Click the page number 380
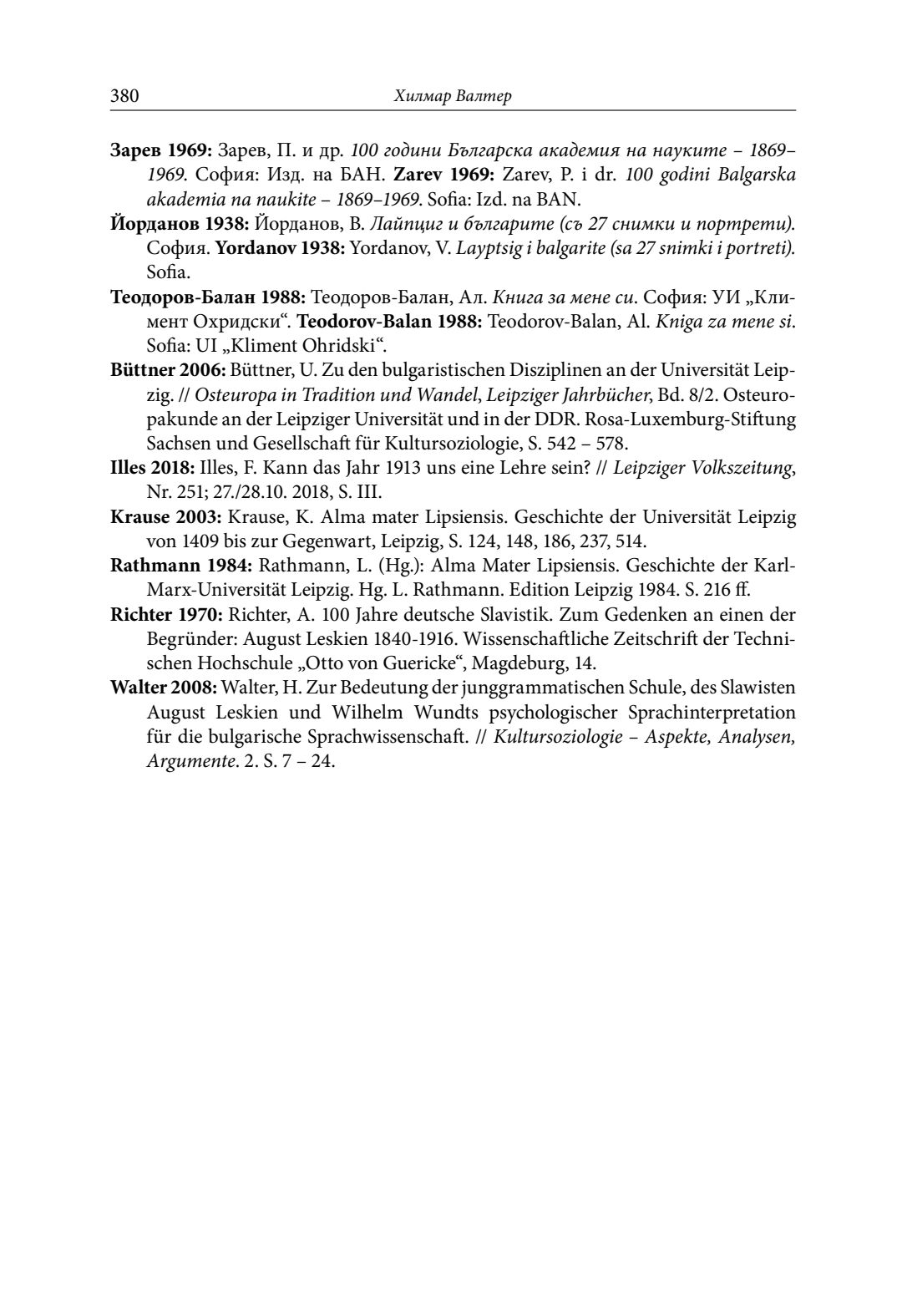(x=124, y=96)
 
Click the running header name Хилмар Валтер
(x=452, y=96)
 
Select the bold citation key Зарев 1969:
(x=162, y=151)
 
